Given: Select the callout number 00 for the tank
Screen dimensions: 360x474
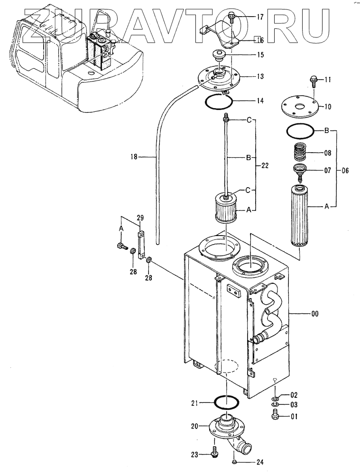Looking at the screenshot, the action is point(314,314).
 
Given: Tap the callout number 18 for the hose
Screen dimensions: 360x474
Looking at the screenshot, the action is point(134,157).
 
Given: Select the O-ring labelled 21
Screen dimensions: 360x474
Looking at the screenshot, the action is point(226,402).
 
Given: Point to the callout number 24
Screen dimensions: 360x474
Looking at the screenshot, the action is point(259,462).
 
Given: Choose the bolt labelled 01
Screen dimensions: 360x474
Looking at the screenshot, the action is point(275,414).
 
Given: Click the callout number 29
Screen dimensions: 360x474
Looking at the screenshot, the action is point(140,218).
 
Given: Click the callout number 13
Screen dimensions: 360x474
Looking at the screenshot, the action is point(260,76).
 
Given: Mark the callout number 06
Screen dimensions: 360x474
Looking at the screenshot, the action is point(344,171).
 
